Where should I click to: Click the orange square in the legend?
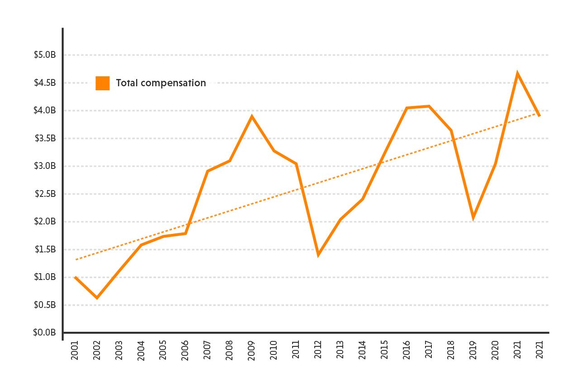(x=103, y=83)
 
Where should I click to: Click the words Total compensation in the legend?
(x=161, y=83)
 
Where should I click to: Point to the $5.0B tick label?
(x=45, y=55)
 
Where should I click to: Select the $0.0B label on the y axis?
(x=45, y=333)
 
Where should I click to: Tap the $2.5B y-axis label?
(x=45, y=194)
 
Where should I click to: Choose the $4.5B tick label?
(x=45, y=83)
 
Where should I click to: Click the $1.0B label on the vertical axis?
(x=45, y=277)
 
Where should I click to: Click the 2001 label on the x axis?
(x=75, y=350)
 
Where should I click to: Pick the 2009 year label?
(x=252, y=350)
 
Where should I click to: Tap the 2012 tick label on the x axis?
(x=318, y=350)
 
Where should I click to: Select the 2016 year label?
(x=407, y=350)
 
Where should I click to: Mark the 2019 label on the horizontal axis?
(x=473, y=350)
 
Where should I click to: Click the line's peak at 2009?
(x=252, y=117)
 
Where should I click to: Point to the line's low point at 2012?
(x=318, y=255)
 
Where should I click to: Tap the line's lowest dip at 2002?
(x=96, y=298)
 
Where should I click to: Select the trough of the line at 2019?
(x=473, y=218)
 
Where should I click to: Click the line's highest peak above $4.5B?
(x=517, y=73)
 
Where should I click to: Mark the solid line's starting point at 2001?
(x=75, y=277)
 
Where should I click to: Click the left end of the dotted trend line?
(x=76, y=260)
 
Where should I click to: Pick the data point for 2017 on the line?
(x=429, y=106)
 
